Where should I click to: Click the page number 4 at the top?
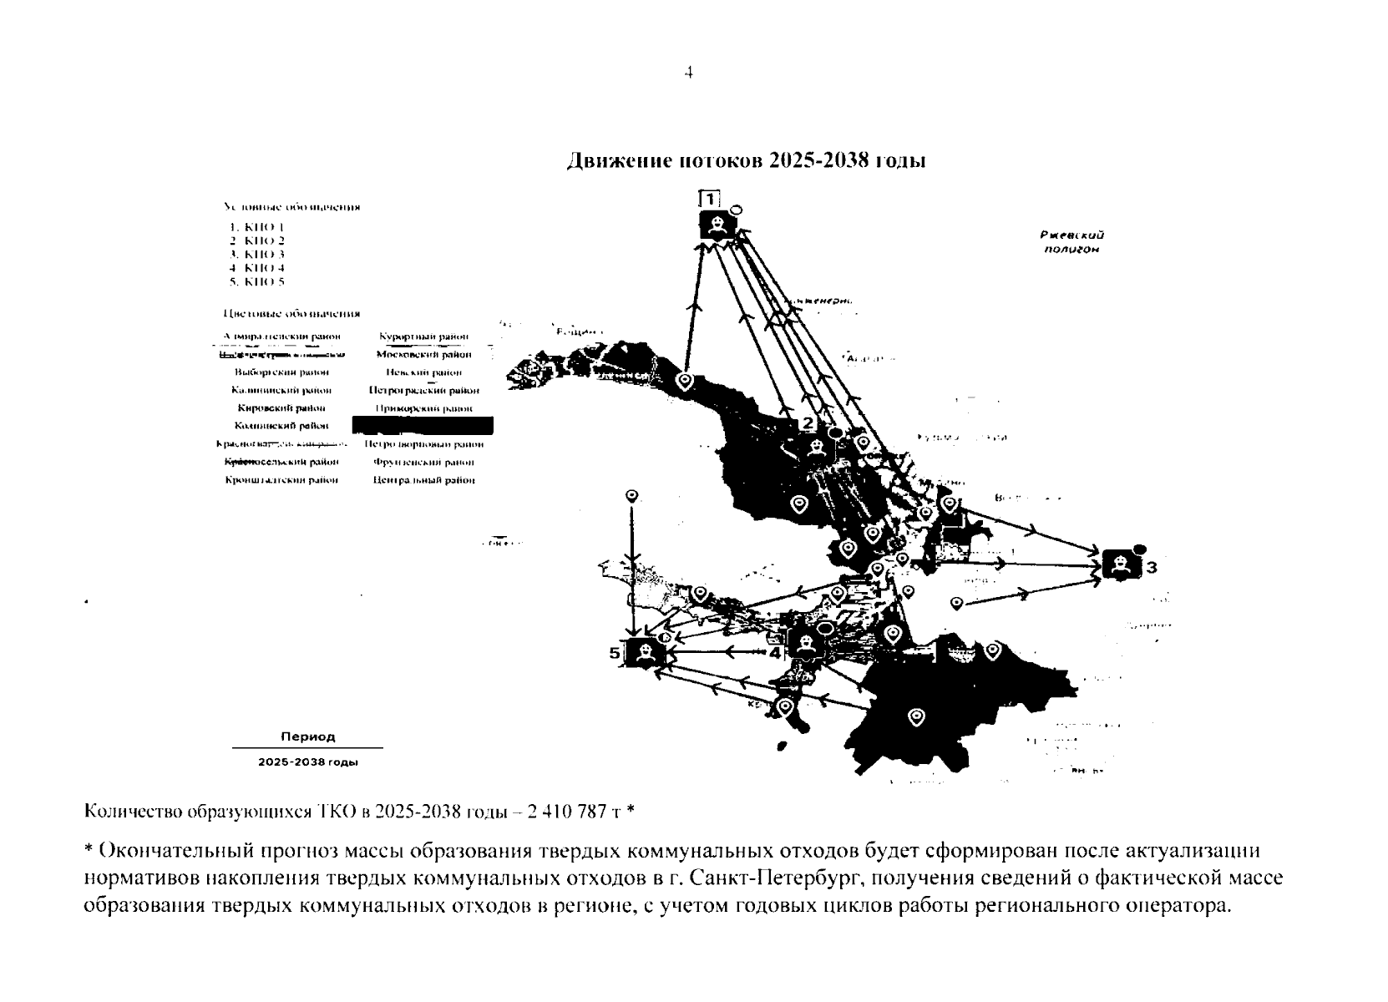tap(688, 73)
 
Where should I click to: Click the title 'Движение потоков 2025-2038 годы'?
tap(746, 160)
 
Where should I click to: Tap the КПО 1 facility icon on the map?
tap(717, 225)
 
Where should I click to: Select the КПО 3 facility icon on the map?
tap(1121, 564)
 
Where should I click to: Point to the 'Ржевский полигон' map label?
tap(1072, 242)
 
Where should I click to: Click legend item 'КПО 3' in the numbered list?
tap(257, 254)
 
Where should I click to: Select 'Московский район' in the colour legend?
tap(423, 354)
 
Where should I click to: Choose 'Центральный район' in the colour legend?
tap(423, 480)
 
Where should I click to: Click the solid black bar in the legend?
tap(423, 426)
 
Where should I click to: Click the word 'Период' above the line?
tap(307, 736)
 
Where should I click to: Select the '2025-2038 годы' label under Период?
tap(307, 762)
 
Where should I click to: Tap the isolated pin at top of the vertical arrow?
tap(632, 497)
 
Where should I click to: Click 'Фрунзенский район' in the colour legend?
tap(423, 462)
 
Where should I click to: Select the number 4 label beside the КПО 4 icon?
tap(775, 653)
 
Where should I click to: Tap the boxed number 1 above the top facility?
tap(709, 199)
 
